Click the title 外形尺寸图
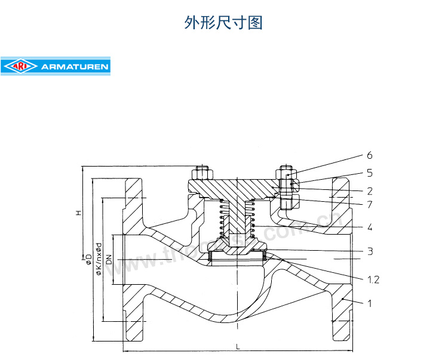(x=223, y=23)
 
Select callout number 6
(x=370, y=156)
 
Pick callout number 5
(x=370, y=173)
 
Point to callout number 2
(x=370, y=191)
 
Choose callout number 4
(x=370, y=227)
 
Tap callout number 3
(x=370, y=251)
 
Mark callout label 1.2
(x=373, y=279)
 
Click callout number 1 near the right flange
(x=370, y=303)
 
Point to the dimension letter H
(x=78, y=213)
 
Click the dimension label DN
(x=109, y=260)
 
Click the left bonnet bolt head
(x=200, y=174)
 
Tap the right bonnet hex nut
(x=286, y=176)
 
